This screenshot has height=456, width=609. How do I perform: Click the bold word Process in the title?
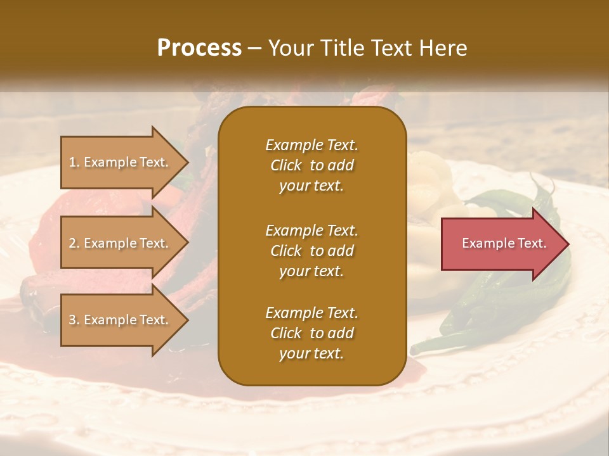pyautogui.click(x=199, y=48)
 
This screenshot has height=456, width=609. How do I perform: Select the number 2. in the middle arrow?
pyautogui.click(x=74, y=243)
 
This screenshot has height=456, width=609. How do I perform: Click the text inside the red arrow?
pyautogui.click(x=504, y=243)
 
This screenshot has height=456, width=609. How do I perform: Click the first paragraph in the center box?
pyautogui.click(x=311, y=165)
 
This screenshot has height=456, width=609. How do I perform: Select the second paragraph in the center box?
pyautogui.click(x=311, y=251)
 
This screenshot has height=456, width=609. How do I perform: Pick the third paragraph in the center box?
pyautogui.click(x=311, y=333)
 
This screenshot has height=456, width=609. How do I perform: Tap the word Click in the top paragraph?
pyautogui.click(x=286, y=166)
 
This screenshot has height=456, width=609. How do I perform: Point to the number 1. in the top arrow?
pyautogui.click(x=74, y=162)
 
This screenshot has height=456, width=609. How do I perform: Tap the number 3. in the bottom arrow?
pyautogui.click(x=74, y=320)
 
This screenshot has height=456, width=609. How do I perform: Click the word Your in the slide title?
pyautogui.click(x=291, y=48)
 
